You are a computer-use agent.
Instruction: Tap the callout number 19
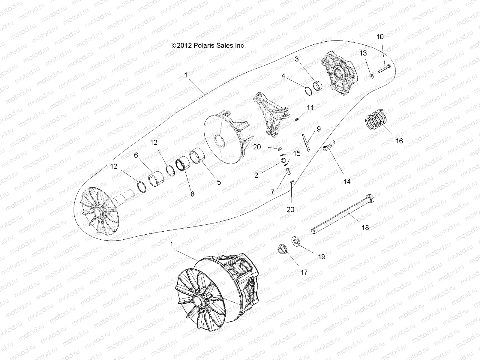point(321,257)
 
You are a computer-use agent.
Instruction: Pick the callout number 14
point(347,181)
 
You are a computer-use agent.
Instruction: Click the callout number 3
point(297,59)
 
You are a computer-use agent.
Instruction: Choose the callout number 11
point(310,107)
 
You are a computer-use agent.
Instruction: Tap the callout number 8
point(192,194)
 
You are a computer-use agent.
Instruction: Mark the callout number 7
point(273,191)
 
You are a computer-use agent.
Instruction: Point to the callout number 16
point(399,141)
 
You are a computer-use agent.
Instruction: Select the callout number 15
point(296,154)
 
